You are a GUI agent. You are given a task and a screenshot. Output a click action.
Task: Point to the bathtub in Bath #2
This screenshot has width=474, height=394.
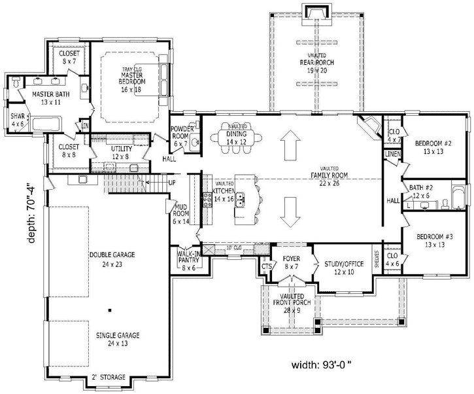point(457,196)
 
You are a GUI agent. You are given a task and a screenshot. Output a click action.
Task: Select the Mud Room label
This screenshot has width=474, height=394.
point(181,214)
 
